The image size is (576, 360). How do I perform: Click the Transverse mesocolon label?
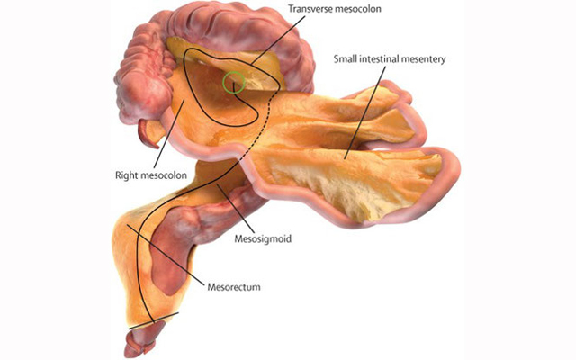(334, 8)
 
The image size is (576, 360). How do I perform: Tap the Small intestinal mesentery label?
(390, 58)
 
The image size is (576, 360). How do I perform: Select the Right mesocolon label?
(151, 175)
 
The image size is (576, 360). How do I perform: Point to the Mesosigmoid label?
(263, 238)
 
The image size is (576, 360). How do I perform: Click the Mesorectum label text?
(234, 286)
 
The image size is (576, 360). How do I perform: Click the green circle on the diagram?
(234, 82)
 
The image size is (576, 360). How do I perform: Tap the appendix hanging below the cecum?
(148, 135)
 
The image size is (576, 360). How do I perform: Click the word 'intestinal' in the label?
(380, 58)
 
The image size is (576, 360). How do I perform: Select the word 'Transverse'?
(309, 8)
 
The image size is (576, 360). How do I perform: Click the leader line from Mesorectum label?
(165, 254)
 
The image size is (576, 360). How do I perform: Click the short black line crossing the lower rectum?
(154, 320)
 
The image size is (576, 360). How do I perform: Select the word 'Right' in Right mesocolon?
(125, 175)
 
